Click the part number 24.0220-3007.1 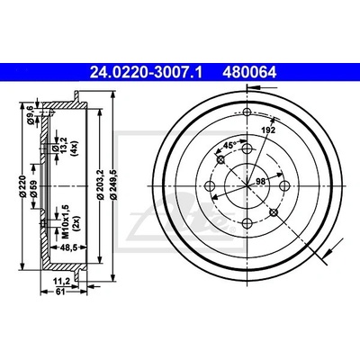coord(146,73)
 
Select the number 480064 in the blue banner coord(249,73)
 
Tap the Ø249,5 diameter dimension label coord(113,184)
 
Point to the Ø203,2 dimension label coord(101,184)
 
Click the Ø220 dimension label coord(23,186)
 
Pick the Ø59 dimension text coord(34,188)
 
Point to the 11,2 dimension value coord(62,281)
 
